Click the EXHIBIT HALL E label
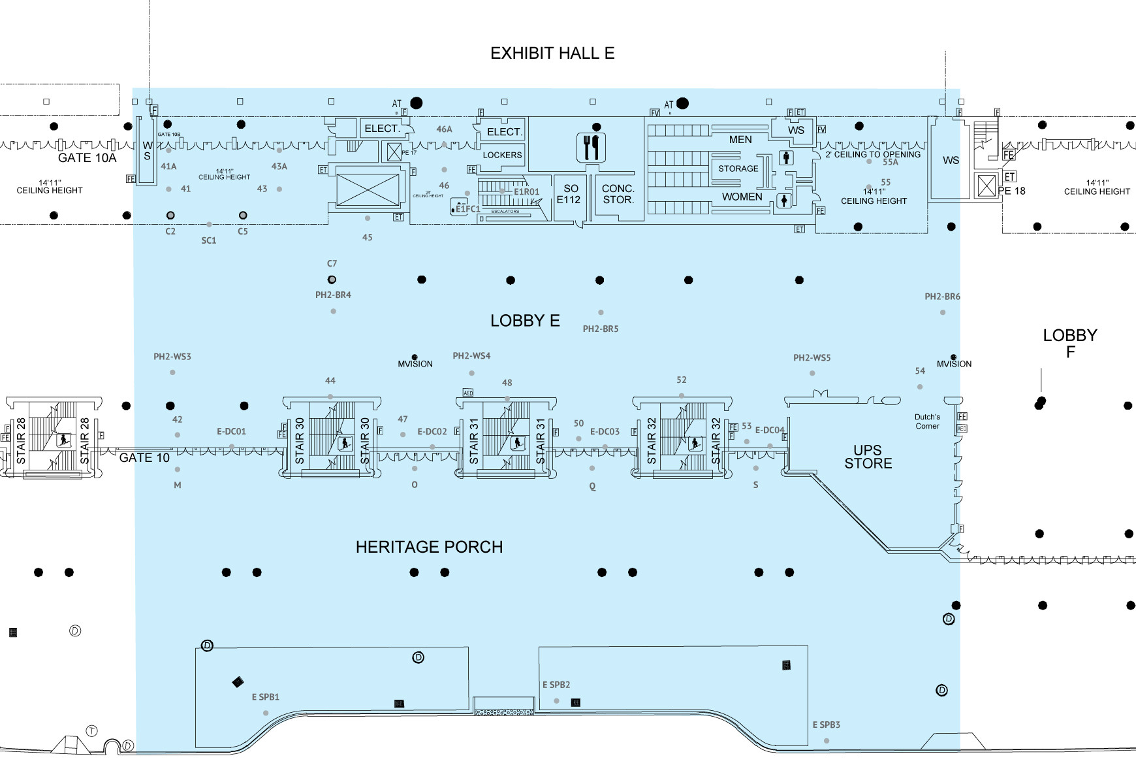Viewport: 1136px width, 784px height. point(552,53)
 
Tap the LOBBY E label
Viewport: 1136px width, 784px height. point(525,320)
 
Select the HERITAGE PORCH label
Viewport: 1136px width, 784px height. point(429,547)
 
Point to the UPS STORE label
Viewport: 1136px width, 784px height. point(868,457)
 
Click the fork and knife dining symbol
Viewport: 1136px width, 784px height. point(592,148)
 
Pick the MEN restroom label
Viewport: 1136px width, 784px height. point(740,139)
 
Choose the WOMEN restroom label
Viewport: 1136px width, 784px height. point(742,197)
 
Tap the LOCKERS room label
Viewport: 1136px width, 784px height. point(502,155)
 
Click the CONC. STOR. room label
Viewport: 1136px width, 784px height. point(618,194)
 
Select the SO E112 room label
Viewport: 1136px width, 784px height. point(568,194)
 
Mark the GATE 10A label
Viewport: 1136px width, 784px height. point(87,157)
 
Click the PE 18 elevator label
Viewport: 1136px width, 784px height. point(1011,191)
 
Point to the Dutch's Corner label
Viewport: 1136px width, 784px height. point(927,421)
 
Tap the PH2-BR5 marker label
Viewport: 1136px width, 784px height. point(600,329)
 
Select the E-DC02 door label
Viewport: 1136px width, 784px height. point(432,431)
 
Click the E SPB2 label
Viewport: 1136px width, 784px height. point(556,685)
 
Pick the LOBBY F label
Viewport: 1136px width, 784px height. point(1069,344)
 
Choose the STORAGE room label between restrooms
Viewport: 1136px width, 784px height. point(738,169)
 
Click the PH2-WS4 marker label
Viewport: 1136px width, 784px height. point(471,356)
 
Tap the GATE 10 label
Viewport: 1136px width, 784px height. point(144,457)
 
